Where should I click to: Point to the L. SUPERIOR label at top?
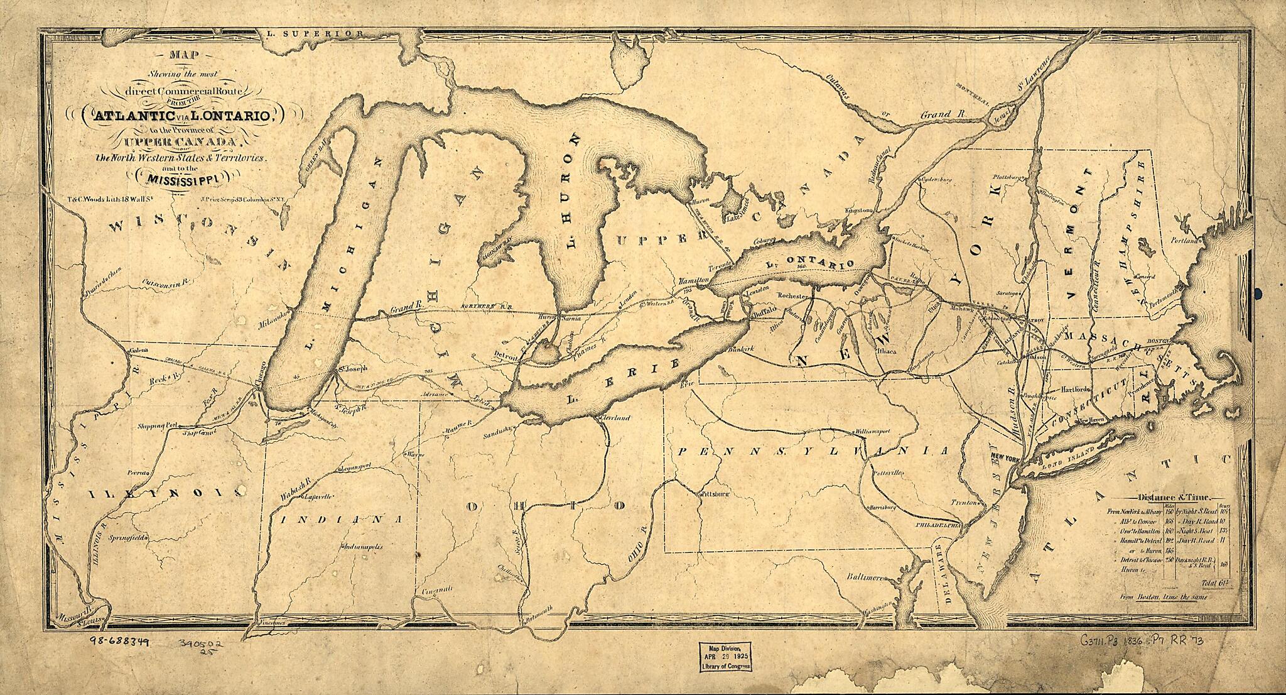pos(323,33)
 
